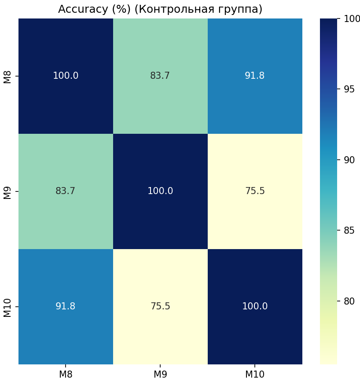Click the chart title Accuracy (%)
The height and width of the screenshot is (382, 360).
(x=160, y=9)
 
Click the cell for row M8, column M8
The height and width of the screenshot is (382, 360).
(x=66, y=76)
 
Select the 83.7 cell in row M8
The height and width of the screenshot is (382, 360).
(x=160, y=76)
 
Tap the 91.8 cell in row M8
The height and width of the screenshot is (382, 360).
(x=255, y=76)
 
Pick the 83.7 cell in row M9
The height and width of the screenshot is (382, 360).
(x=66, y=191)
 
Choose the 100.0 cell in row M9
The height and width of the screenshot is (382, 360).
(x=160, y=191)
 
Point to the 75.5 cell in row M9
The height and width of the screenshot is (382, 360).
(x=255, y=191)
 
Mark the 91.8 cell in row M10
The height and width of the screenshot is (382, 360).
(x=66, y=306)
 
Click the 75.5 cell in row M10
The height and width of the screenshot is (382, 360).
(x=160, y=306)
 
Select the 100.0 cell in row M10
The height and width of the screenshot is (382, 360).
(x=255, y=306)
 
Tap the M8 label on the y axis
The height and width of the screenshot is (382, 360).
(x=7, y=76)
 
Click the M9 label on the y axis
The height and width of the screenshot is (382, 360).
(x=7, y=191)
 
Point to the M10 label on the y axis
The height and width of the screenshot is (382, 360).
(x=7, y=306)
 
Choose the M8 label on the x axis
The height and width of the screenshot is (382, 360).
(x=66, y=374)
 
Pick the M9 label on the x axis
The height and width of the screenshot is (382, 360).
(x=160, y=374)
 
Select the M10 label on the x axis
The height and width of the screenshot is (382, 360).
(x=255, y=374)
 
